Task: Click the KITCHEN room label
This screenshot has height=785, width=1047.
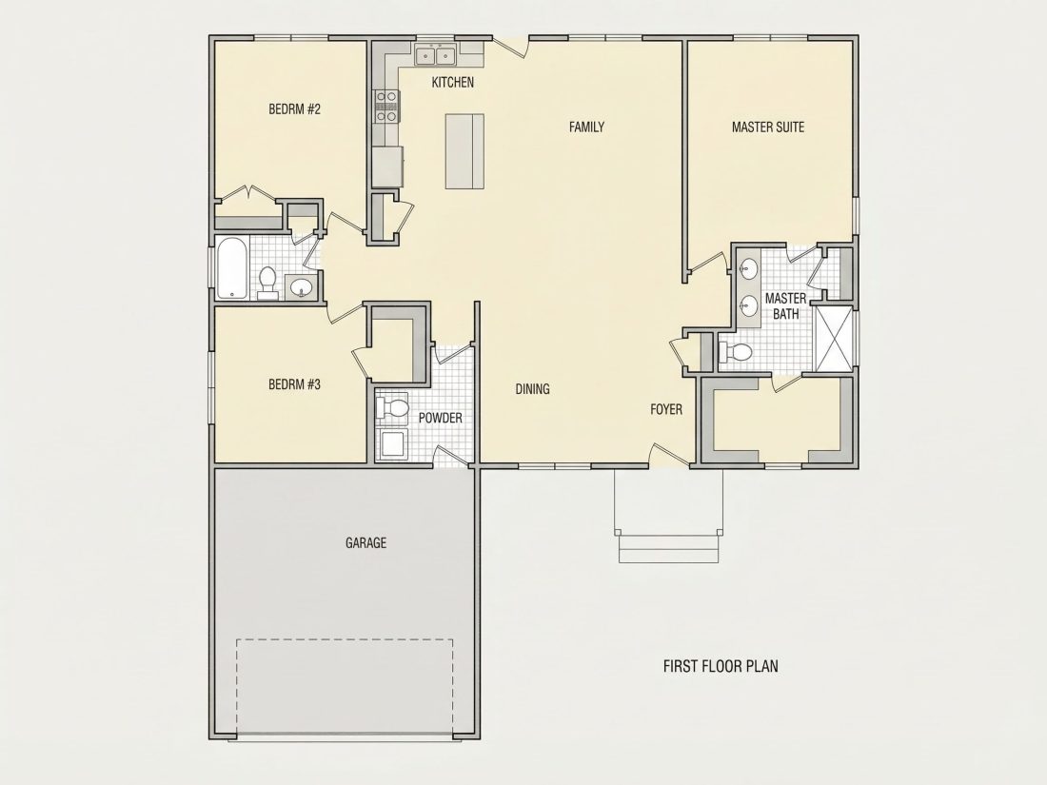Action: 453,83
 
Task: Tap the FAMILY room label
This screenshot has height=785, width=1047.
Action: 586,127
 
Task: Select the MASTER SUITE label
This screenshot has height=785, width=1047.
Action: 768,127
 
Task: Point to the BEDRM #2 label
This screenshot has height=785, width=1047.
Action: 294,108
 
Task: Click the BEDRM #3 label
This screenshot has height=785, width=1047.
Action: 294,384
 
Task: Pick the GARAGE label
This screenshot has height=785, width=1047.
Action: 365,542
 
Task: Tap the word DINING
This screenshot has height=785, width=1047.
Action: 533,388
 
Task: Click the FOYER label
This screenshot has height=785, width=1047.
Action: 666,409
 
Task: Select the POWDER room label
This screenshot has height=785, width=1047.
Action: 440,418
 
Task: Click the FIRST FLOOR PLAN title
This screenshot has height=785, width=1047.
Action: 721,665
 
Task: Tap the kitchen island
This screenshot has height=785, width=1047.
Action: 464,151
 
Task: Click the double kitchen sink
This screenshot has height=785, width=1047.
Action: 435,55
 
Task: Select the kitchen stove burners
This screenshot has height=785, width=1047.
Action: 385,107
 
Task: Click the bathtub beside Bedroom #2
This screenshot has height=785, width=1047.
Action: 232,267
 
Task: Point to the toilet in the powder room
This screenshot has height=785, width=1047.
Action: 392,408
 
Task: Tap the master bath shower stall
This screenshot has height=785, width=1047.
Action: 836,339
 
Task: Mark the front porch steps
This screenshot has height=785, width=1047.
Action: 668,547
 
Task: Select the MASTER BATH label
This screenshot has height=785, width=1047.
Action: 785,305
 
